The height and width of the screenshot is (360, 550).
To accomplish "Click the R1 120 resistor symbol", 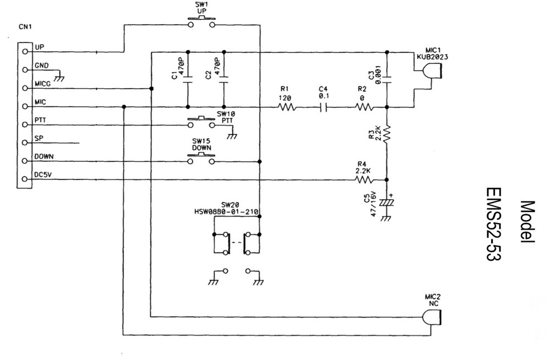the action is pos(287,107).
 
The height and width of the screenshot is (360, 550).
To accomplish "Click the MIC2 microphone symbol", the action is pos(432,318).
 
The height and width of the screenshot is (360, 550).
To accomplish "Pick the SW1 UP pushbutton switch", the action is pos(202,22).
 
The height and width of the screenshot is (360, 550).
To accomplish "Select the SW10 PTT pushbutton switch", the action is pos(202,122).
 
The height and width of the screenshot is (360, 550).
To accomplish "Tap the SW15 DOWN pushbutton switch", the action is pos(202,159).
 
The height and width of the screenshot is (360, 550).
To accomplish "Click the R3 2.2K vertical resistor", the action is pos(387,134).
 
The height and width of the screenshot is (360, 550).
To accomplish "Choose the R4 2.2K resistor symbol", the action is pos(365,179).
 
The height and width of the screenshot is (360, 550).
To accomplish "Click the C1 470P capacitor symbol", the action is pos(188,79).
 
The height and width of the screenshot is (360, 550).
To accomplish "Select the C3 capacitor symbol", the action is pos(387,79).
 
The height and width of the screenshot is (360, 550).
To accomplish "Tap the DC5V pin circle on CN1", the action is pos(25,179).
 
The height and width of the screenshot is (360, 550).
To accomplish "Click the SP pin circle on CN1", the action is pos(25,143).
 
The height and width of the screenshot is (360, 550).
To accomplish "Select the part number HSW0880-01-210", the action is pos(226,211).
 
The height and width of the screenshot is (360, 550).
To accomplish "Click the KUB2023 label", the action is pos(432,57).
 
